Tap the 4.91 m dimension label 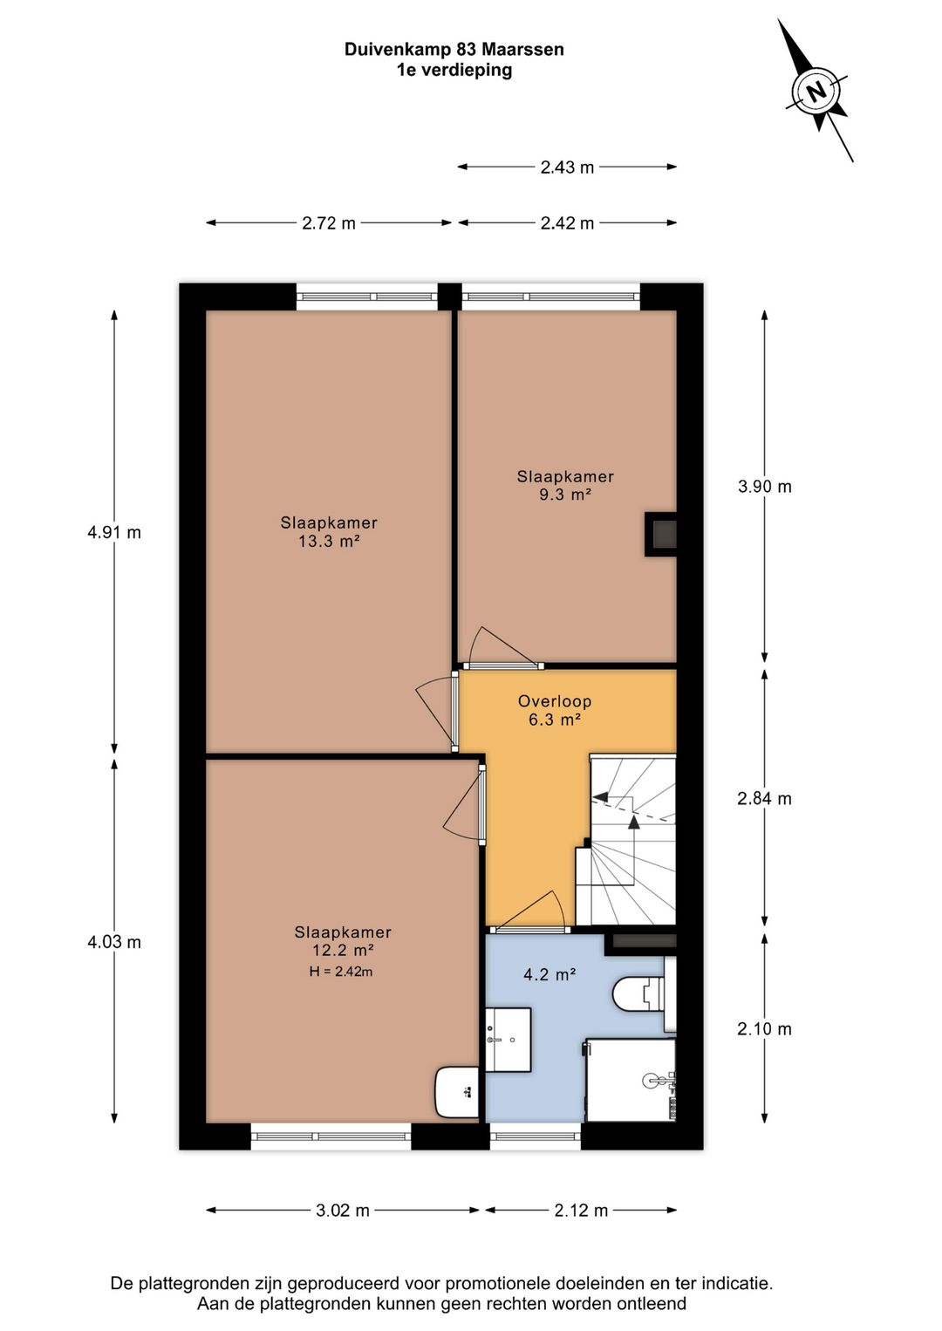pyautogui.click(x=114, y=532)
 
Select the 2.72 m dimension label pyautogui.click(x=329, y=222)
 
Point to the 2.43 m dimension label pyautogui.click(x=567, y=167)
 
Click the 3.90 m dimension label pyautogui.click(x=765, y=486)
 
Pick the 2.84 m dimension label pyautogui.click(x=765, y=798)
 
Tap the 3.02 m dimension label pyautogui.click(x=343, y=1210)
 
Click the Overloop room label pyautogui.click(x=555, y=701)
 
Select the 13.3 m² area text pyautogui.click(x=329, y=542)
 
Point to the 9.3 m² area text pyautogui.click(x=565, y=494)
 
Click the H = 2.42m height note pyautogui.click(x=341, y=972)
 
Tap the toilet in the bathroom pyautogui.click(x=644, y=996)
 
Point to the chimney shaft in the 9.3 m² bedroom pyautogui.click(x=661, y=534)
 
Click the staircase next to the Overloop pyautogui.click(x=626, y=840)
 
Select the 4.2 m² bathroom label pyautogui.click(x=549, y=974)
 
